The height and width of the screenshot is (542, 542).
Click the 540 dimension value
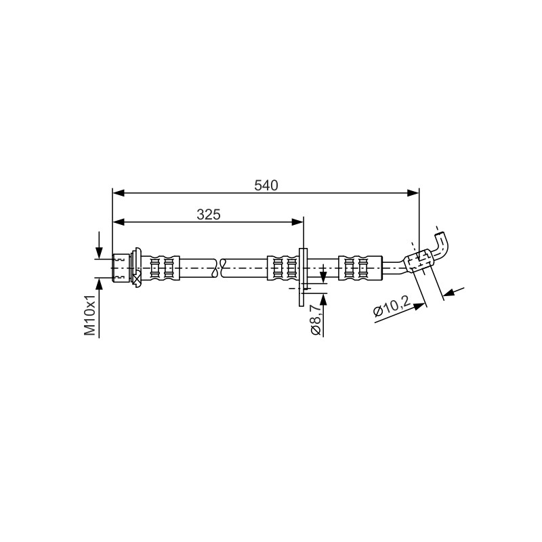(266, 186)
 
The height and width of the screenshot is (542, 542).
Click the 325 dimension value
(209, 215)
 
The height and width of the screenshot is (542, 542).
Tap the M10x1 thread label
(89, 316)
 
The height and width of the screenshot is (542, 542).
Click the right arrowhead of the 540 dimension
(413, 193)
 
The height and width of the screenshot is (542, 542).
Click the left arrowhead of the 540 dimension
(119, 193)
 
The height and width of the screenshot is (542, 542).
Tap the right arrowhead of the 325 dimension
(297, 222)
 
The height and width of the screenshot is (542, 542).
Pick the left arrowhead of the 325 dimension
(119, 222)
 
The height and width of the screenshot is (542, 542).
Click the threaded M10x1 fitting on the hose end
(121, 268)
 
